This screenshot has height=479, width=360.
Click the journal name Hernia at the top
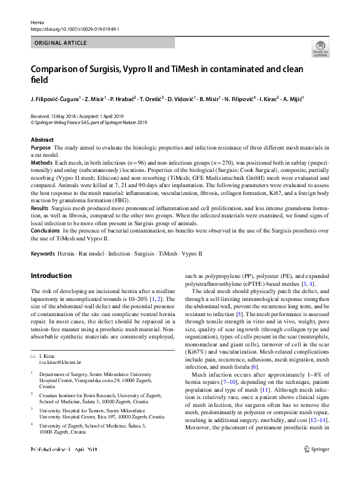37,22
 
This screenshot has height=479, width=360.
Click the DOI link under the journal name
74,29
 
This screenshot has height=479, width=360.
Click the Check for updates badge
320,48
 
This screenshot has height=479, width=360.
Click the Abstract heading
42,140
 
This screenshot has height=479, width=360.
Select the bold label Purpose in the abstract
41,148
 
